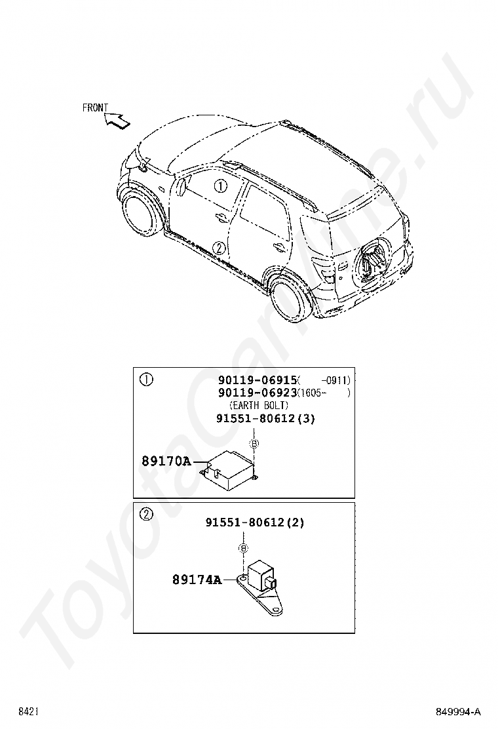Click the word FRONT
[x=95, y=108]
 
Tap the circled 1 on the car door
[x=221, y=186]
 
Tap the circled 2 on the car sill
[x=220, y=248]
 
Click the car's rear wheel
[x=292, y=299]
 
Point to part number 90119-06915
[x=258, y=380]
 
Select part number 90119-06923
[x=258, y=393]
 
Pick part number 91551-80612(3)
[x=265, y=419]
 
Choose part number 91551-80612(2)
[x=254, y=522]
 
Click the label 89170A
[x=166, y=462]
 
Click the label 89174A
[x=197, y=580]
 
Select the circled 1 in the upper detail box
[x=147, y=380]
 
